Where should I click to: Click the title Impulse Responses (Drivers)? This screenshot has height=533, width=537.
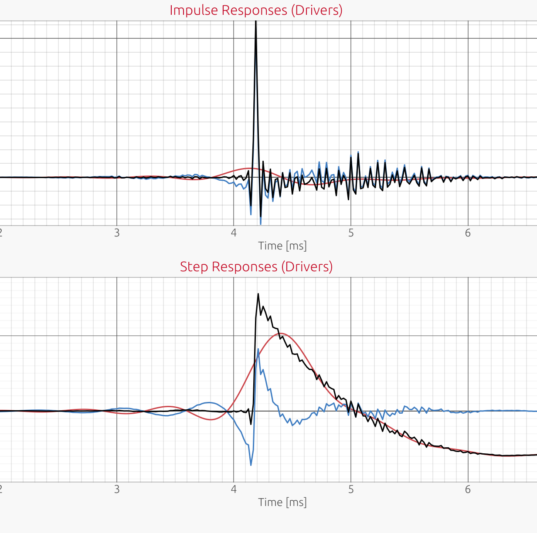pos(256,10)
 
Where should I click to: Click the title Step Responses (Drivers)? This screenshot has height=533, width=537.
pos(256,266)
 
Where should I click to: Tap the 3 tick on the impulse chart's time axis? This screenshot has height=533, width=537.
pos(117,233)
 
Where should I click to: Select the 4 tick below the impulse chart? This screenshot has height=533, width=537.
pos(234,233)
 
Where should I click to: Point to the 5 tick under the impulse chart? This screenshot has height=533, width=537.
pos(351,233)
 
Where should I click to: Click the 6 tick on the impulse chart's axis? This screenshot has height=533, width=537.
pos(468,233)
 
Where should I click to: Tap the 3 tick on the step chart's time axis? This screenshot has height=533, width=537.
pos(117,489)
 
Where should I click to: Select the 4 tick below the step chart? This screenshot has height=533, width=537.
pos(234,489)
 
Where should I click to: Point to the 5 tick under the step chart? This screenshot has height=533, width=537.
pos(351,489)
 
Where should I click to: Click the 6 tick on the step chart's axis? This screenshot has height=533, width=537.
pos(468,489)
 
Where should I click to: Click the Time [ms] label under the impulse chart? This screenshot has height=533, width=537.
pos(282,246)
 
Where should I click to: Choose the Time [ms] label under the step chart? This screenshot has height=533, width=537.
pos(282,503)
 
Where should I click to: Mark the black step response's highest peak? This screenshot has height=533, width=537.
pos(258,294)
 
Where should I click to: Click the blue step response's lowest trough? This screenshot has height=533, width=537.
pos(251,465)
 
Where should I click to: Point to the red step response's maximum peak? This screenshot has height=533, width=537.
pos(281,334)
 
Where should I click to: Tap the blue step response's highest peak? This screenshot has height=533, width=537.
pos(258,349)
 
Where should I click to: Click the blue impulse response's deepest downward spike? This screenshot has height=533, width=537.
pos(261,224)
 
